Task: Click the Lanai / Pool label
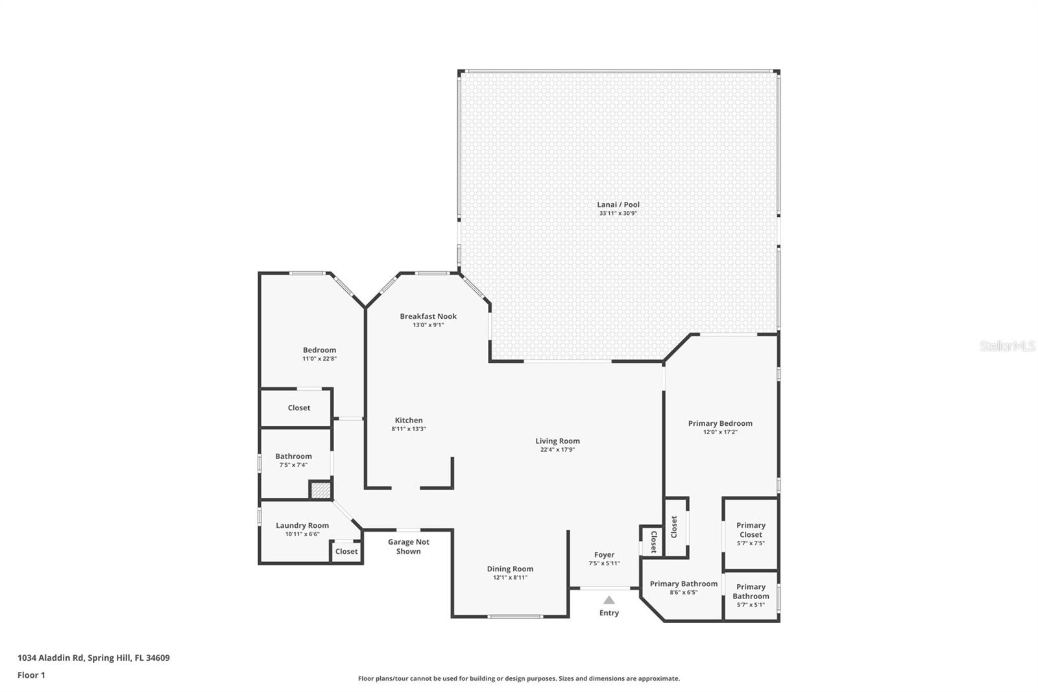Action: click(x=618, y=204)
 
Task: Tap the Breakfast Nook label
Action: click(x=428, y=316)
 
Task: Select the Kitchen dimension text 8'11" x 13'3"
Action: click(x=409, y=429)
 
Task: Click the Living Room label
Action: click(x=557, y=441)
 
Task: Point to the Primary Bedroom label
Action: click(x=720, y=423)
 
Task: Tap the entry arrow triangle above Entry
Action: click(x=609, y=600)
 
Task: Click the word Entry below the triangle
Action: click(x=609, y=613)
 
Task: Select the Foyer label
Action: click(x=604, y=555)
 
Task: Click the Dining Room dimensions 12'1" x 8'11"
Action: click(x=510, y=578)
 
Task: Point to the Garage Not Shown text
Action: click(x=409, y=547)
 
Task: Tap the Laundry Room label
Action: click(x=302, y=526)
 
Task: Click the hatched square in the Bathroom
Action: click(x=320, y=490)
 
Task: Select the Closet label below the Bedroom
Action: click(x=299, y=408)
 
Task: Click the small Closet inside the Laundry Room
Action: click(x=346, y=552)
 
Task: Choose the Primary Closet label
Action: click(x=751, y=530)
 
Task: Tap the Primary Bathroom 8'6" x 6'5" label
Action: click(x=684, y=584)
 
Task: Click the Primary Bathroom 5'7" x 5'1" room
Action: click(x=751, y=595)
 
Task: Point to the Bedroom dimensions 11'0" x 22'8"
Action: click(x=319, y=359)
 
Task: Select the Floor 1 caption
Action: click(x=31, y=675)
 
